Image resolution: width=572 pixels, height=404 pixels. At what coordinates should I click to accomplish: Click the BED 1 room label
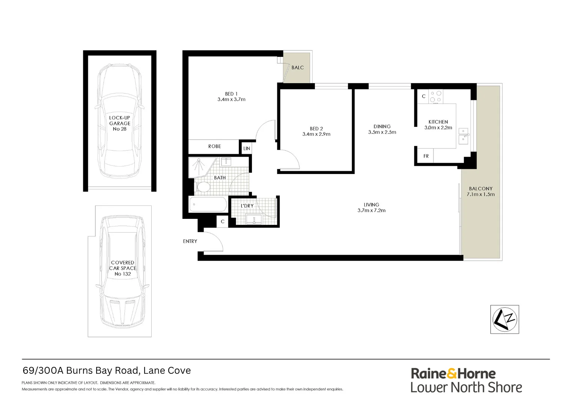tap(231, 94)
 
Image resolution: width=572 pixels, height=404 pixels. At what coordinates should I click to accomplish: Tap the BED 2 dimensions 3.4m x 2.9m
tap(316, 134)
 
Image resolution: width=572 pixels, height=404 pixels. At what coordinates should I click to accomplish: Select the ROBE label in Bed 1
tap(214, 146)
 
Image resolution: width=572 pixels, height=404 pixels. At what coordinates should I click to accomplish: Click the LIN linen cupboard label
tap(247, 149)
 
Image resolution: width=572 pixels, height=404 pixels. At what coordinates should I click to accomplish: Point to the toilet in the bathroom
tap(204, 187)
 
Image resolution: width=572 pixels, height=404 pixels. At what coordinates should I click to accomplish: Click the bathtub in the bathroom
tap(208, 205)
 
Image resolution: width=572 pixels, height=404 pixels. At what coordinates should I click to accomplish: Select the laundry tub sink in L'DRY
tap(254, 219)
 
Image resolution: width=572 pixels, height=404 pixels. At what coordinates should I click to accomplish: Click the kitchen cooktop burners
tap(435, 97)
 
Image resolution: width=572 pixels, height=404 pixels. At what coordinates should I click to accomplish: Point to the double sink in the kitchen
tap(463, 137)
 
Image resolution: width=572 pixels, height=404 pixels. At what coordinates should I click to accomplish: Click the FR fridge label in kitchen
tap(426, 156)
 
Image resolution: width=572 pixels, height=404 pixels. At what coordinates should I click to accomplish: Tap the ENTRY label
tap(190, 241)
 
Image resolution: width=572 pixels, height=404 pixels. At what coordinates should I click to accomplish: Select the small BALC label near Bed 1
tap(298, 68)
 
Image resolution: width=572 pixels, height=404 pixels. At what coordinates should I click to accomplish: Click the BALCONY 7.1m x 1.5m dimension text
tap(481, 195)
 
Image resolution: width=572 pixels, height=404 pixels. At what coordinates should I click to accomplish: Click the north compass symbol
tap(505, 319)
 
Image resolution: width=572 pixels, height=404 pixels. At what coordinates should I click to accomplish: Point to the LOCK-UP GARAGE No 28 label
tap(120, 123)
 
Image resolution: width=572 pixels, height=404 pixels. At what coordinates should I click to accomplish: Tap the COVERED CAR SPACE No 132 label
tap(123, 268)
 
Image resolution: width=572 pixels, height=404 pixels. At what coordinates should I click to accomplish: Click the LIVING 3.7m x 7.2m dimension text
tap(371, 211)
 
